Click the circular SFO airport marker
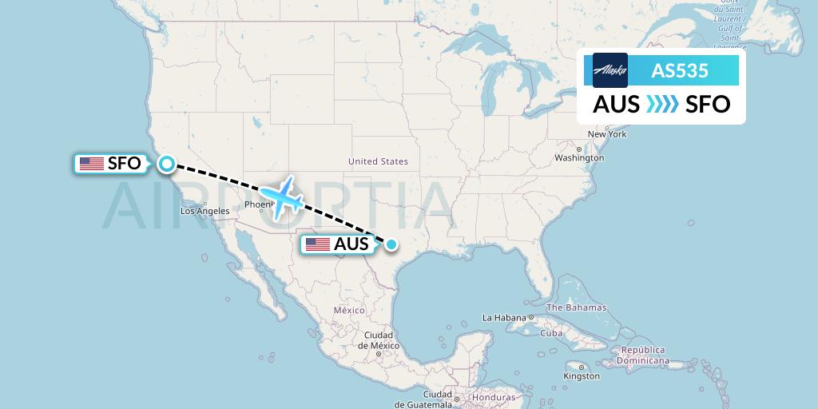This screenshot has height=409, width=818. tap(166, 164)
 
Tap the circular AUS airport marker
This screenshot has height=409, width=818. tap(391, 244)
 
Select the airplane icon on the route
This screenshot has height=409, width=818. tap(281, 196)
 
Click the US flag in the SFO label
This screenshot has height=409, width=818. tap(91, 164)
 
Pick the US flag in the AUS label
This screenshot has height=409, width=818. tap(317, 244)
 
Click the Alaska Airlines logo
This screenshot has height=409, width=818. tap(610, 70)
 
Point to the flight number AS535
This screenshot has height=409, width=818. tap(680, 70)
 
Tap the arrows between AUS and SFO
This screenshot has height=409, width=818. tap(662, 105)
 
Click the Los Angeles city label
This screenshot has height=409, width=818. tap(205, 212)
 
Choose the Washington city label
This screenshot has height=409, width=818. tap(580, 158)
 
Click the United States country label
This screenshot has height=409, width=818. tap(378, 161)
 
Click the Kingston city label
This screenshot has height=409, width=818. tap(582, 375)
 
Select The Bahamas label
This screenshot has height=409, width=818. tap(576, 308)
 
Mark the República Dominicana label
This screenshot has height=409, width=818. tap(645, 355)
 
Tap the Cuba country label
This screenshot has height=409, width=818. tap(551, 333)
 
